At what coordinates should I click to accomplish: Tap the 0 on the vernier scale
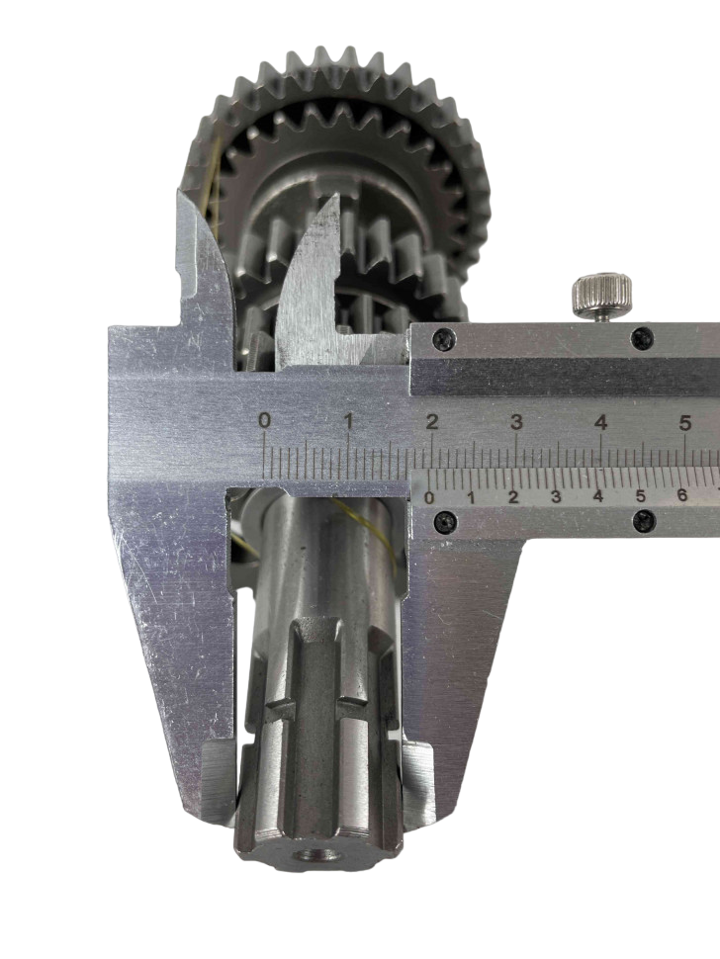tap(429, 497)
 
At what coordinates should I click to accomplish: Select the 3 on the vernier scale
tap(556, 497)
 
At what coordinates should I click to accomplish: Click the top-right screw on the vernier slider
tap(643, 338)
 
